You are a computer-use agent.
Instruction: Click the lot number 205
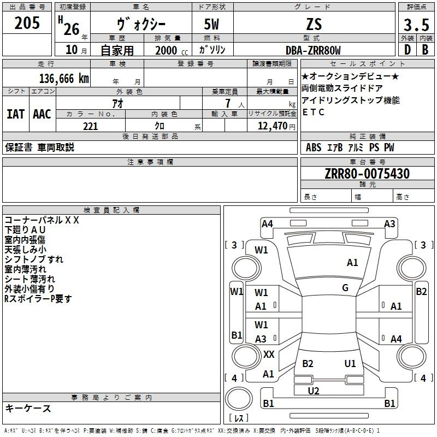[x=27, y=23]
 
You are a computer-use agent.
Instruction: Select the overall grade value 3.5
[x=416, y=25]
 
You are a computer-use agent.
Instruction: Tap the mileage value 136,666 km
[x=64, y=79]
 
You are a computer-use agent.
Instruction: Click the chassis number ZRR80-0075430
[x=367, y=174]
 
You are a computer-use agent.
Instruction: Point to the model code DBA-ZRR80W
[x=313, y=50]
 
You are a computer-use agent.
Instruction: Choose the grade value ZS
[x=314, y=24]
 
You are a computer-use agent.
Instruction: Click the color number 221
[x=90, y=126]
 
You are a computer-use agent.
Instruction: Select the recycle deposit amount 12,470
[x=273, y=126]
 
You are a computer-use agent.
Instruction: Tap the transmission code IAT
[x=15, y=114]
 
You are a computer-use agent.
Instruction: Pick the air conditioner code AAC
[x=42, y=114]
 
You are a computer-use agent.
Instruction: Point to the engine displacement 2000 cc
[x=172, y=50]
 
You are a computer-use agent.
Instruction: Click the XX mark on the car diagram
[x=269, y=354]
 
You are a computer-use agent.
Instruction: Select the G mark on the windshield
[x=345, y=288]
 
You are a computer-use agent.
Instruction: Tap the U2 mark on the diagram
[x=313, y=391]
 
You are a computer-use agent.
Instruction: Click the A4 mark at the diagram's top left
[x=267, y=224]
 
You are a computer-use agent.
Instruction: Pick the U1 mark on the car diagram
[x=350, y=363]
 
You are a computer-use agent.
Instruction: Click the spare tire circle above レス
[x=239, y=399]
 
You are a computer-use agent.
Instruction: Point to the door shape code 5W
[x=211, y=24]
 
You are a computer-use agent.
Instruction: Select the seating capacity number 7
[x=228, y=103]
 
